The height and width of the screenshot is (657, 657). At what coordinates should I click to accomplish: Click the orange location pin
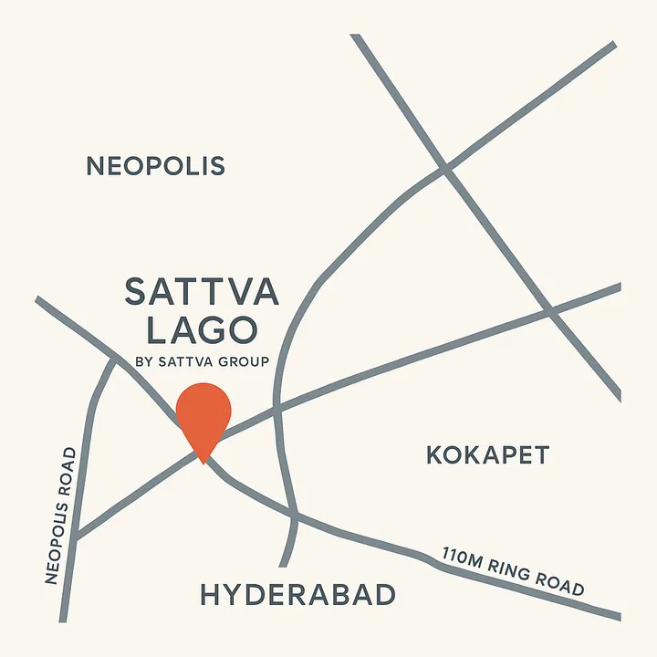(203, 415)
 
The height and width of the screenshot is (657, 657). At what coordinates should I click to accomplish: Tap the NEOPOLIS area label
(155, 166)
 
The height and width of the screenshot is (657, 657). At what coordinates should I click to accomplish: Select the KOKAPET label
(487, 454)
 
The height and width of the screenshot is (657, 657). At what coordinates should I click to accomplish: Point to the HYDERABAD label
(297, 596)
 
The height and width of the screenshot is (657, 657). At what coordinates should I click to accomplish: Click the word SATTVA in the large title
(202, 293)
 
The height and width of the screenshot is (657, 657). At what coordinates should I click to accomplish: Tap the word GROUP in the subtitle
(244, 362)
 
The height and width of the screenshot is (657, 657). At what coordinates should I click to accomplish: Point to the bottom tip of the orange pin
(203, 461)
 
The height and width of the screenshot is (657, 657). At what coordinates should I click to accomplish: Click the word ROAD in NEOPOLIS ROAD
(68, 471)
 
